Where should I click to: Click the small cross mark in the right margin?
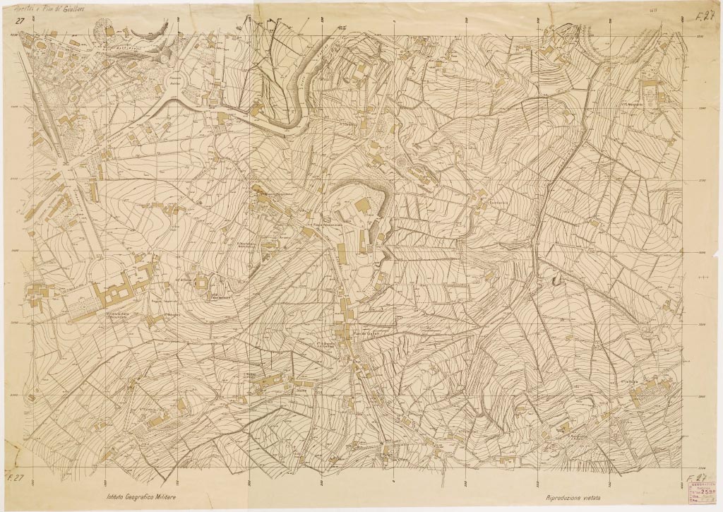pos(702,279)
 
